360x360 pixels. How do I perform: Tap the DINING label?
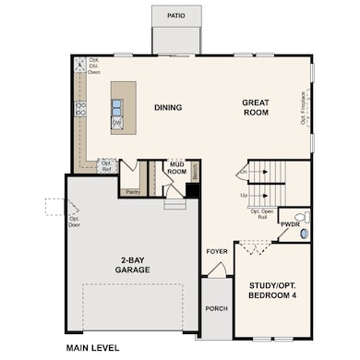coord(168,108)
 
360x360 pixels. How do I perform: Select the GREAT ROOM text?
coord(255,107)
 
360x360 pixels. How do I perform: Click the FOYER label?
coord(216,250)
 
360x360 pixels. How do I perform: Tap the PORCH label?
coord(216,308)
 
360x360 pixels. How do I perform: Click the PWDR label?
coord(290,224)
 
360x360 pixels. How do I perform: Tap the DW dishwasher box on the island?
coord(117,123)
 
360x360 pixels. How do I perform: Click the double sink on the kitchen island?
coord(117,104)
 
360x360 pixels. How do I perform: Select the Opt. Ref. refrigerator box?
coord(106,165)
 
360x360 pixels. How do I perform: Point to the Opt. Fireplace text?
coord(303,107)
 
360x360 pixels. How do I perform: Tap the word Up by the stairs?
coord(244,196)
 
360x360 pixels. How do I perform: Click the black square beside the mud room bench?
coord(192,189)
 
